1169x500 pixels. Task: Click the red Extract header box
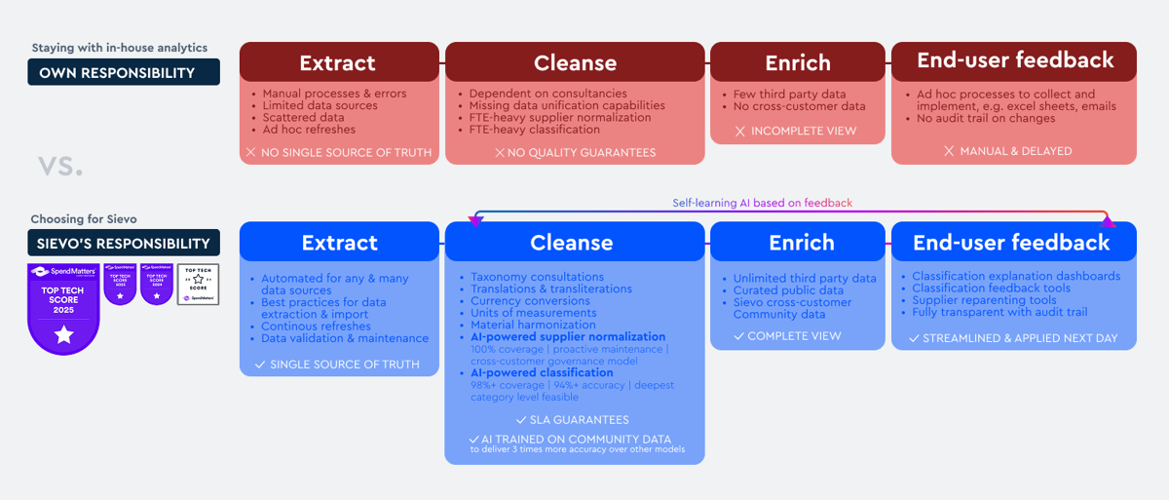pos(338,62)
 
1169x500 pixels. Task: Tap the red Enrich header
pos(798,62)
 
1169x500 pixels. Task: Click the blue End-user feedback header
pos(1013,242)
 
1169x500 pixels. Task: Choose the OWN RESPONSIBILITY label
pos(123,72)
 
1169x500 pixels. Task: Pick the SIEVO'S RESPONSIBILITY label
pos(123,243)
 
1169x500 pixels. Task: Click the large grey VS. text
pos(60,166)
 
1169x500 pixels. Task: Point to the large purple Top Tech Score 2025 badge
pos(64,308)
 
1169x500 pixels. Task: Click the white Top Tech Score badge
pos(198,285)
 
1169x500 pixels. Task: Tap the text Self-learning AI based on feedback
pos(762,204)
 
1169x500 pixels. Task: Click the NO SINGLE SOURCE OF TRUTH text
pos(338,152)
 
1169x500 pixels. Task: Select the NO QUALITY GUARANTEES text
pos(575,152)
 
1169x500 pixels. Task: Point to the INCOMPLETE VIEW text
pos(798,131)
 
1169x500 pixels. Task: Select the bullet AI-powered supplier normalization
pos(568,337)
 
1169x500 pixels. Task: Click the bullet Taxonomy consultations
pos(537,277)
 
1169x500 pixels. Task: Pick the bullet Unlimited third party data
pos(805,279)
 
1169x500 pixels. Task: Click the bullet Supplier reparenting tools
pos(984,300)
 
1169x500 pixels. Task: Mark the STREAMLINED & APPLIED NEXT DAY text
pos(1013,338)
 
